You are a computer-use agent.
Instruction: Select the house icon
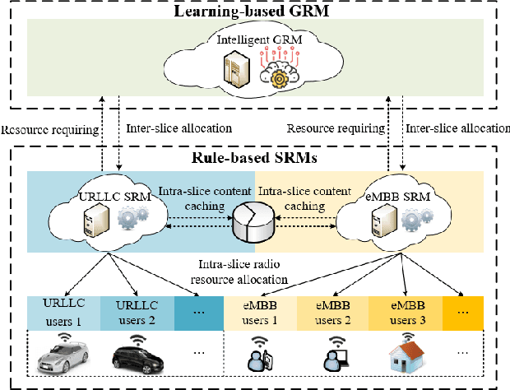[x=406, y=356]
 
